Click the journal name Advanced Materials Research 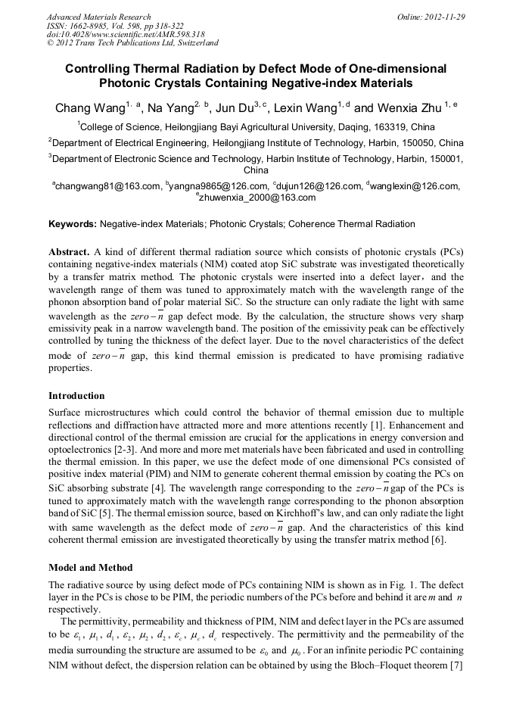coord(98,17)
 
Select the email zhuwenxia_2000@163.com coord(258,198)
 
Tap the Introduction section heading coord(76,396)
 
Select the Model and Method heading coord(90,568)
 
